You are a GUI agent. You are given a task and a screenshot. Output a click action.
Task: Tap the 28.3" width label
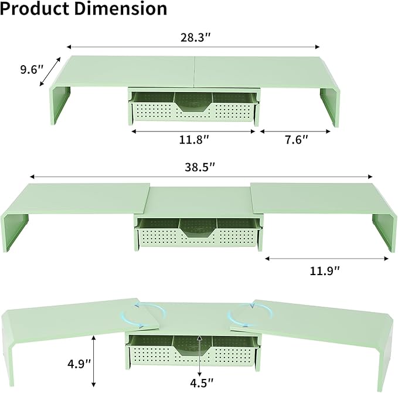coord(195,37)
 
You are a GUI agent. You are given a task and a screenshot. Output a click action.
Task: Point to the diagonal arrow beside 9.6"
coord(50,72)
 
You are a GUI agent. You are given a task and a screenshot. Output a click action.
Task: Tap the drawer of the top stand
coord(193,108)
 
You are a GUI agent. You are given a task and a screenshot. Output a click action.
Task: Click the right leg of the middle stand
coord(383,231)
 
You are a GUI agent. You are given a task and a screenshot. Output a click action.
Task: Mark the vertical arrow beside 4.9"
coord(94,361)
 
